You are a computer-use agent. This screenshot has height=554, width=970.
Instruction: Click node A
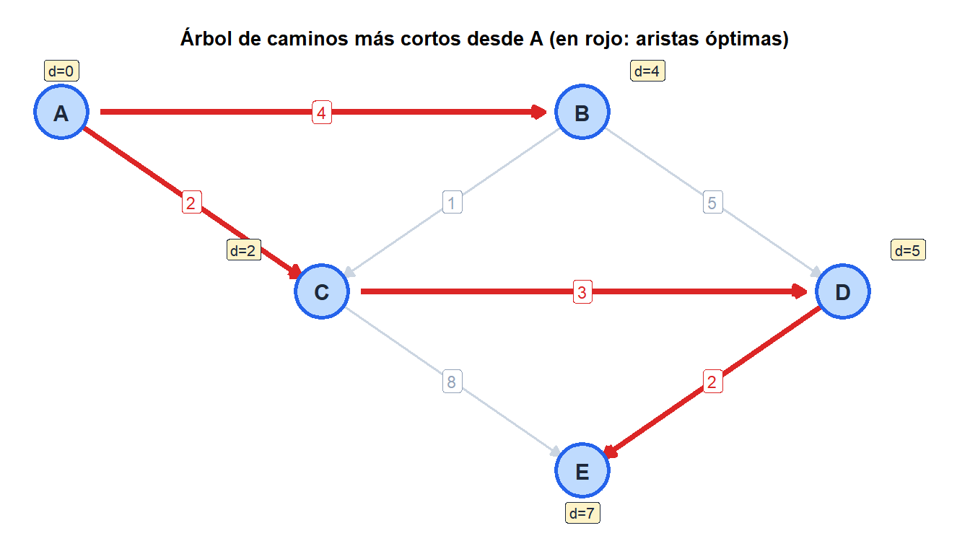(61, 112)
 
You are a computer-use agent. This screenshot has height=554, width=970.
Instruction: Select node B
(582, 112)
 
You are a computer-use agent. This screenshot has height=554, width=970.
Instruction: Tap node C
(322, 291)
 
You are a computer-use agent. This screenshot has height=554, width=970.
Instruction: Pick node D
(843, 291)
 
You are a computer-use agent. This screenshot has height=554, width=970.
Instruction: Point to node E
(582, 470)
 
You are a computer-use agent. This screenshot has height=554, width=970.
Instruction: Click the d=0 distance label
(61, 71)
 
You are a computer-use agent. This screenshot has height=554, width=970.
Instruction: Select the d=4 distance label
(647, 71)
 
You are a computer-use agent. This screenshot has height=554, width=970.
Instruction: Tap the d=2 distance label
(244, 250)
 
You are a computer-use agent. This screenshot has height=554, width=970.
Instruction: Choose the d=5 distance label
(908, 250)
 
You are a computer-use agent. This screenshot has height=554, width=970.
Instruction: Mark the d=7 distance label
(582, 514)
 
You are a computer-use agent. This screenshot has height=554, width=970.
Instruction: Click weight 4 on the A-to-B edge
(322, 113)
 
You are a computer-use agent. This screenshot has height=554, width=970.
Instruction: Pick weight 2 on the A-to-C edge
(191, 202)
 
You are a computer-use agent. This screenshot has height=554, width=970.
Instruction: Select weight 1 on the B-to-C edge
(452, 202)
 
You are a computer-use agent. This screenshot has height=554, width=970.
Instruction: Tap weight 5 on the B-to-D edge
(712, 202)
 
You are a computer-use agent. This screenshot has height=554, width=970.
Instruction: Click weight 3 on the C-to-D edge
(582, 292)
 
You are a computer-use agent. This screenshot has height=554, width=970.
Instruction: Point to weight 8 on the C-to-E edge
(452, 382)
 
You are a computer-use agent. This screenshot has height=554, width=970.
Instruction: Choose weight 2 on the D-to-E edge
(712, 382)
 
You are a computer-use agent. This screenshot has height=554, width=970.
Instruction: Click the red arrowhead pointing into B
(539, 112)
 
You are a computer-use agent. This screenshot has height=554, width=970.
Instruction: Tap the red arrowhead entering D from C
(800, 291)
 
